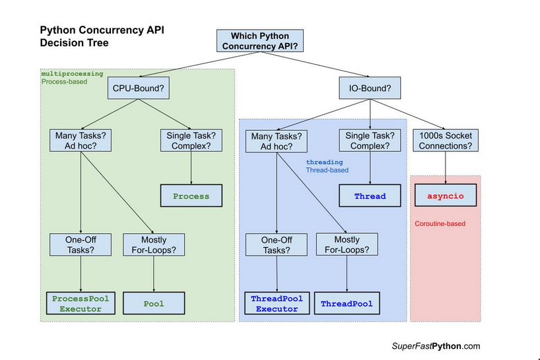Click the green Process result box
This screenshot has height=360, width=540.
[x=191, y=196]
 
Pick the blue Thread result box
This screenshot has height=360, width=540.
[x=370, y=196]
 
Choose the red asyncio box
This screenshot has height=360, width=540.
[x=445, y=196]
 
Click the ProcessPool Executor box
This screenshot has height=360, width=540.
[x=81, y=303]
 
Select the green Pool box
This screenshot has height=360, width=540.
[x=154, y=303]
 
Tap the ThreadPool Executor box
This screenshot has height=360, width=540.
[x=277, y=303]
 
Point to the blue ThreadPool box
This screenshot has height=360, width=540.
[x=347, y=304]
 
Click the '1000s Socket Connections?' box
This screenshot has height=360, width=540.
[x=445, y=141]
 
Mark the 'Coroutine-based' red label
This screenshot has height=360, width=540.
[x=440, y=224]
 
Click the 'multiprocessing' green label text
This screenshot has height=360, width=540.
[x=72, y=74]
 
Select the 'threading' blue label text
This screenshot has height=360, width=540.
[x=324, y=162]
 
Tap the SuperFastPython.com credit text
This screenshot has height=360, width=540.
[x=435, y=346]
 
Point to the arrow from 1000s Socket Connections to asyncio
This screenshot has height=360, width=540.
[x=445, y=168]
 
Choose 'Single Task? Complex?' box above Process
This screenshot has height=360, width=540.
[x=191, y=141]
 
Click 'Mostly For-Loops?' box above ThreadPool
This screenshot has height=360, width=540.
[x=347, y=245]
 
